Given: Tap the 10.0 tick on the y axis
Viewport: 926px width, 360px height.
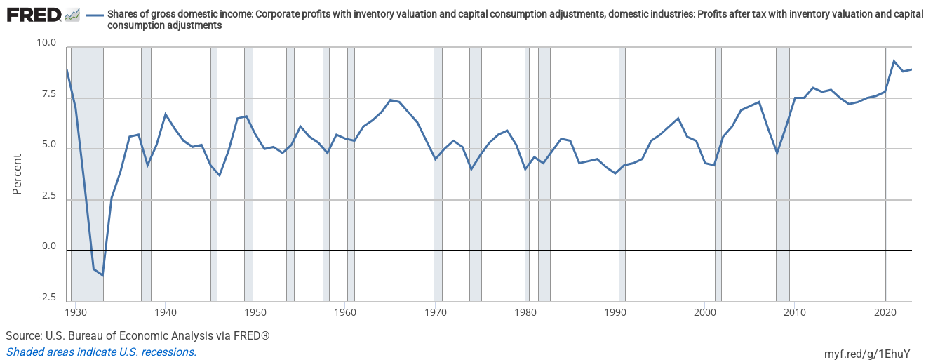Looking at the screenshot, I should (x=46, y=43).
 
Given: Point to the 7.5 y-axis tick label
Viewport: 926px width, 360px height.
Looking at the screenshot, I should (x=48, y=94).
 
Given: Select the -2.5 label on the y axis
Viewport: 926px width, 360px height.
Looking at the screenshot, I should (x=47, y=298).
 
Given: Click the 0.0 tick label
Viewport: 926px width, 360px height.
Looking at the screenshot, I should (x=48, y=246).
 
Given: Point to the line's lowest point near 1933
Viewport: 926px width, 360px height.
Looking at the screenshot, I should (x=102, y=275).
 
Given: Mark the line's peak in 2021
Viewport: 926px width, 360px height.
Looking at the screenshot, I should (x=894, y=61).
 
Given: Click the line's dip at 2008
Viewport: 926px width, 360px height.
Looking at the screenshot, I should (x=777, y=153).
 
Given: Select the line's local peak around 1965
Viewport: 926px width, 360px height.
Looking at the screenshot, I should (x=390, y=100).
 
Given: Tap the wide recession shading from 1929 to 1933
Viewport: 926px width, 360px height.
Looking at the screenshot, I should (x=87, y=175).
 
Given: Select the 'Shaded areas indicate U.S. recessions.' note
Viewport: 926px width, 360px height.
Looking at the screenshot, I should (x=101, y=352).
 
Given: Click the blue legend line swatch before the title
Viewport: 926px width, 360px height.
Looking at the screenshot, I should (x=95, y=15).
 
